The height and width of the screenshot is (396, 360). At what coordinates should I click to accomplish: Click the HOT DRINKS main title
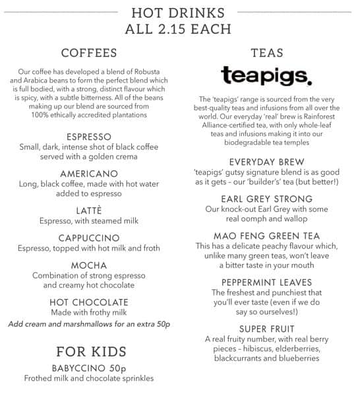[x=177, y=13]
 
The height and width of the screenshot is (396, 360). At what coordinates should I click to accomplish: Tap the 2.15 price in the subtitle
[x=181, y=28]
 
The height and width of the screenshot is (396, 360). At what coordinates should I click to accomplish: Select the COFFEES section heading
[x=89, y=53]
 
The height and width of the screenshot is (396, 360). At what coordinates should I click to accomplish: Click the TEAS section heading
[x=266, y=53]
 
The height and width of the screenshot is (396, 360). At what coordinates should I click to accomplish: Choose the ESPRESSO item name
[x=89, y=137]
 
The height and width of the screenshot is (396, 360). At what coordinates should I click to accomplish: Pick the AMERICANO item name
[x=89, y=174]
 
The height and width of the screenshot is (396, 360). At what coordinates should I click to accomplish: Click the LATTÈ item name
[x=89, y=210]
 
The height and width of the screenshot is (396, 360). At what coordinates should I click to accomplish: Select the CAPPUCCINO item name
[x=89, y=238]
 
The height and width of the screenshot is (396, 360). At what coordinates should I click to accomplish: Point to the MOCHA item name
[x=89, y=265]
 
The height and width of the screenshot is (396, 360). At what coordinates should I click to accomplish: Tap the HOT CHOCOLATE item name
[x=89, y=302]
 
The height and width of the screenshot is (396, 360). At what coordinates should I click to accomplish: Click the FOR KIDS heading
[x=89, y=350]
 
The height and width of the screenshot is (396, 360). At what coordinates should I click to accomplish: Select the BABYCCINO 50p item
[x=89, y=368]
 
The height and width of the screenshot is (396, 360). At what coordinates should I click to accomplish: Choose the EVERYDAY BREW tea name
[x=266, y=162]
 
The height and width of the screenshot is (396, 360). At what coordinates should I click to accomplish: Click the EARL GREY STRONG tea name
[x=266, y=199]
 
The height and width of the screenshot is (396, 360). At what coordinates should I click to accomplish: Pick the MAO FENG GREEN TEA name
[x=266, y=236]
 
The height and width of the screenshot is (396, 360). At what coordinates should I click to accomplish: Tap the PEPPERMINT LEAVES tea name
[x=266, y=282]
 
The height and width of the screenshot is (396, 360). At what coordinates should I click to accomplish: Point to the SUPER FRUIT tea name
[x=266, y=329]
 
